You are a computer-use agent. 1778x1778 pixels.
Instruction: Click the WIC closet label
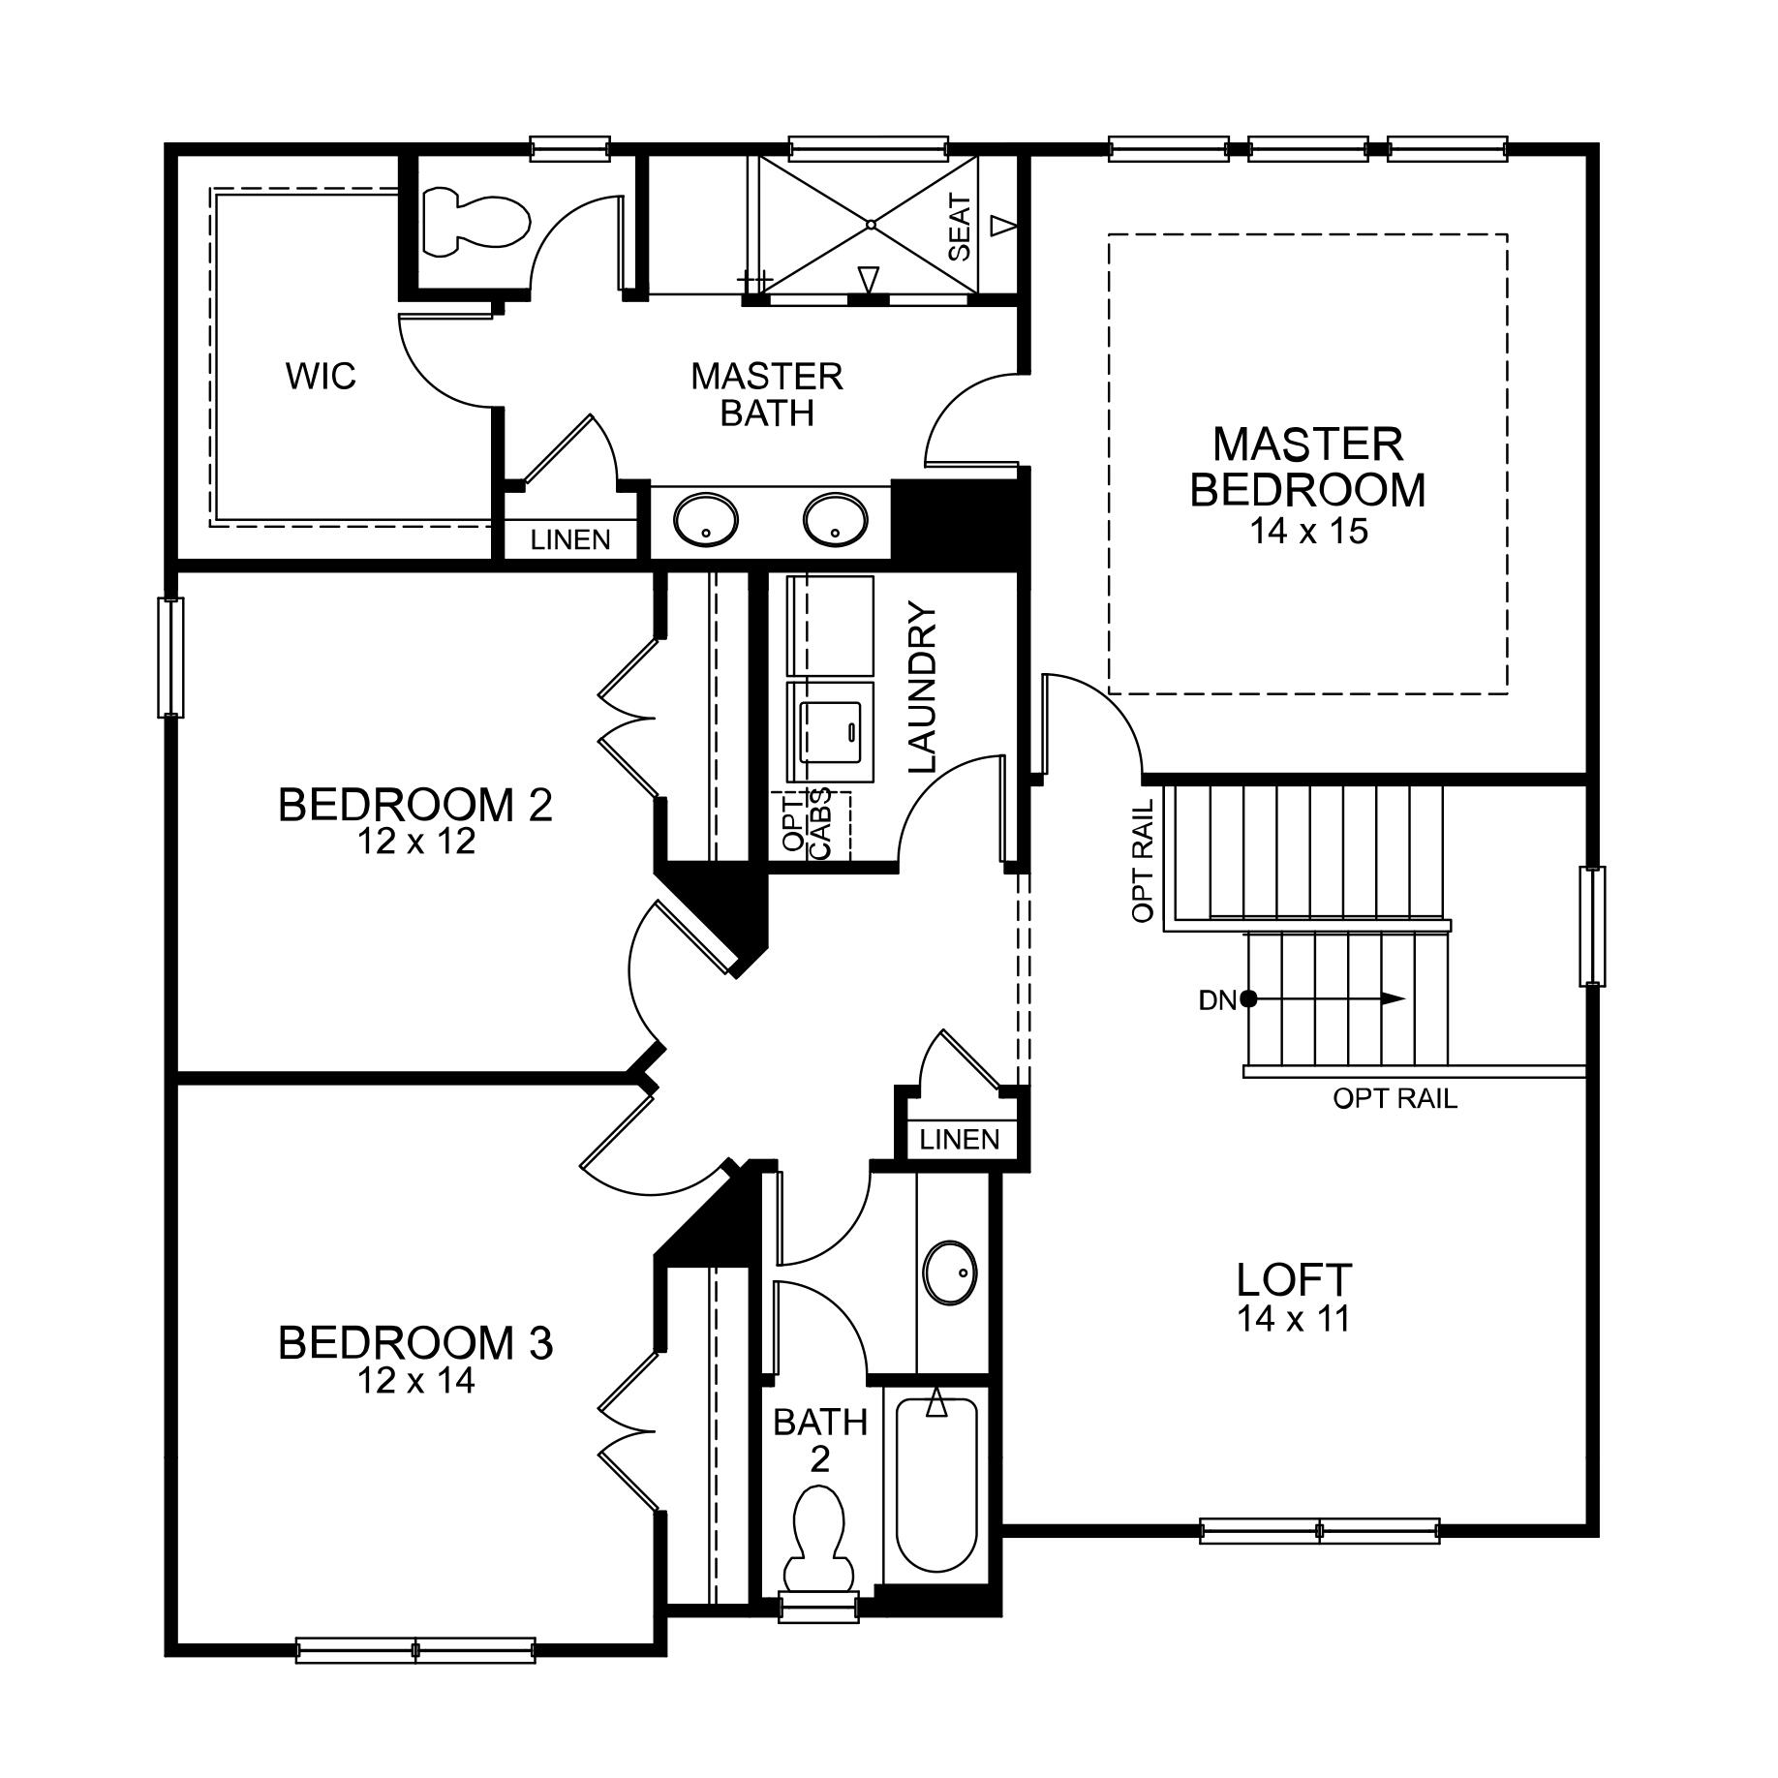(x=321, y=376)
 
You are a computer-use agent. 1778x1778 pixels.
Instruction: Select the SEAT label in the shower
(x=960, y=228)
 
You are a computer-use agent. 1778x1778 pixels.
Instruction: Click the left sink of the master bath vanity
(x=705, y=520)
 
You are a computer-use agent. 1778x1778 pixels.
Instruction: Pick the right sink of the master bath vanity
(x=834, y=519)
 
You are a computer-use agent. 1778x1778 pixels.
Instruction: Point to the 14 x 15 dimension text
(x=1307, y=532)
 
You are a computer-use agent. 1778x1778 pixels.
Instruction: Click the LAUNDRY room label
(x=923, y=688)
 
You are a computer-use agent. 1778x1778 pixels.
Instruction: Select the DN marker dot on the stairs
(x=1249, y=998)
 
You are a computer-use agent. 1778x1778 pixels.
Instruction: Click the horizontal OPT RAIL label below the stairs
(x=1395, y=1099)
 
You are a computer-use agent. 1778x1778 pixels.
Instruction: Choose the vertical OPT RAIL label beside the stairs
(x=1143, y=860)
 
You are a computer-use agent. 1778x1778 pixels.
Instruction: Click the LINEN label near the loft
(x=959, y=1139)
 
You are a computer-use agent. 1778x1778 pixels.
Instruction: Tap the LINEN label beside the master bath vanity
(x=570, y=539)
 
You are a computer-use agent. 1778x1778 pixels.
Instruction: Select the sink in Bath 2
(x=951, y=1272)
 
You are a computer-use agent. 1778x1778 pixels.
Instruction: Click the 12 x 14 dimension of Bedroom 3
(x=416, y=1381)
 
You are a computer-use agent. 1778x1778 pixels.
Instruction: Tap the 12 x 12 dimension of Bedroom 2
(x=416, y=842)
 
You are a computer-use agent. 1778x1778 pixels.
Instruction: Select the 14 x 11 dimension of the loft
(x=1294, y=1319)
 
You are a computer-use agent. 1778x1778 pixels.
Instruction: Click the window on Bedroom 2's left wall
(x=170, y=658)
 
